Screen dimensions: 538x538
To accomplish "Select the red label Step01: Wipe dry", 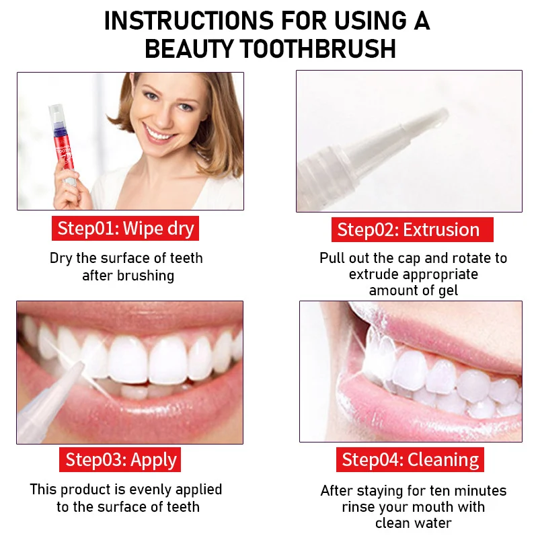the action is tap(125, 229).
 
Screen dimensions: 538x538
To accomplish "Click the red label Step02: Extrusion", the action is tap(412, 229).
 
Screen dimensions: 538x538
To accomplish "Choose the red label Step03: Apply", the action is tap(120, 459).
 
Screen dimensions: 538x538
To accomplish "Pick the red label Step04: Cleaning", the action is tap(410, 460).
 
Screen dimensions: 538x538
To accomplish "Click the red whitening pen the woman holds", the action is tap(63, 144).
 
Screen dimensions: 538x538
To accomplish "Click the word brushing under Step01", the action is tap(145, 276).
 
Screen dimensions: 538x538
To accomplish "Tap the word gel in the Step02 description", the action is tap(448, 291).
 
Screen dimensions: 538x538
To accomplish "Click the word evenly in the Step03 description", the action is tap(150, 490).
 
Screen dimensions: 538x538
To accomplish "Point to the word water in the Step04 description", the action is tap(432, 523).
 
